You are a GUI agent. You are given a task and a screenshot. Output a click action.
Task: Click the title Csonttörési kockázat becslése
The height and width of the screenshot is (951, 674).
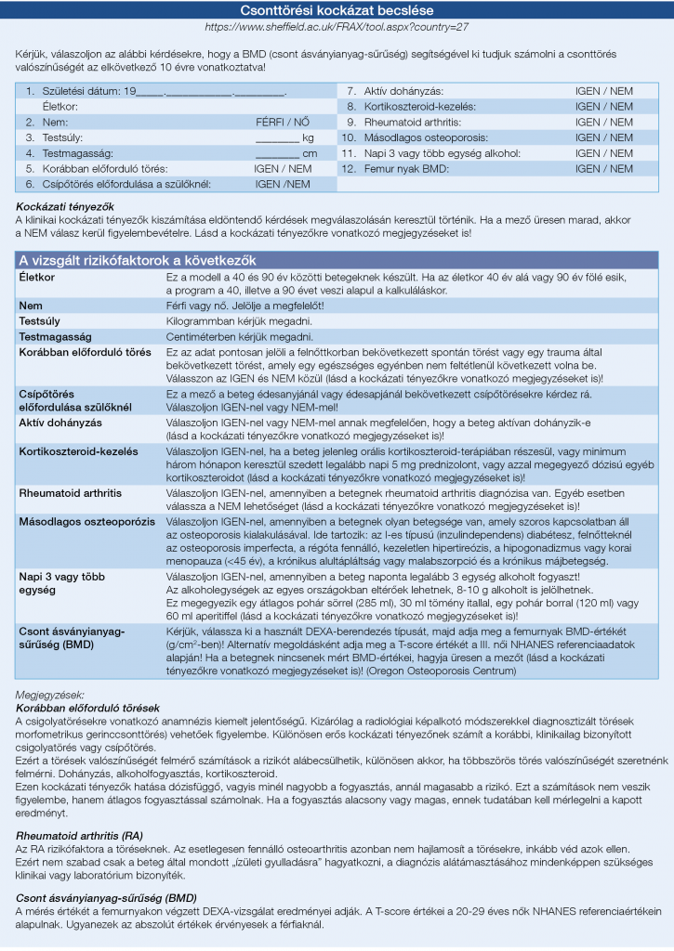tap(337, 11)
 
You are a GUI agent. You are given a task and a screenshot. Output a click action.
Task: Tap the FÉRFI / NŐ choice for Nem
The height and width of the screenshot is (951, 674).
tap(283, 122)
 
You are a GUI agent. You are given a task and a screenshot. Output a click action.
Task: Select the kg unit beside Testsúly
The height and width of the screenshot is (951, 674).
tap(309, 137)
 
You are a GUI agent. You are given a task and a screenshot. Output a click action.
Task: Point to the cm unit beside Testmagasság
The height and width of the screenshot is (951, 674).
tap(310, 153)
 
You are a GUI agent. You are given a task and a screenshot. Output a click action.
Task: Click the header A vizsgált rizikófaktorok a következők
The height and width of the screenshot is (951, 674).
tap(138, 260)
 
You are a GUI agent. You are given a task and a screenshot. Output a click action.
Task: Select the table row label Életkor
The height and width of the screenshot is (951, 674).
tap(37, 278)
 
